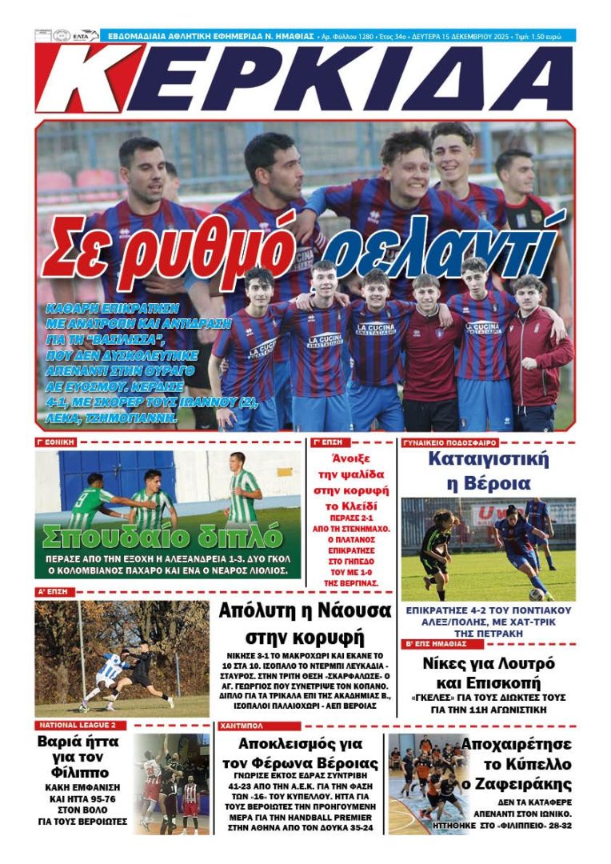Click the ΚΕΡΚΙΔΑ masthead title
304,78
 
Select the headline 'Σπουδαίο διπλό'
162,535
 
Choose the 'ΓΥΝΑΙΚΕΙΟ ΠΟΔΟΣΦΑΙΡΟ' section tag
450,442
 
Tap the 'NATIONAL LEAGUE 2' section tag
77,726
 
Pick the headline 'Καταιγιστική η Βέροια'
488,471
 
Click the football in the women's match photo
536,594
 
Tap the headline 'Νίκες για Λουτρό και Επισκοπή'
488,673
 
